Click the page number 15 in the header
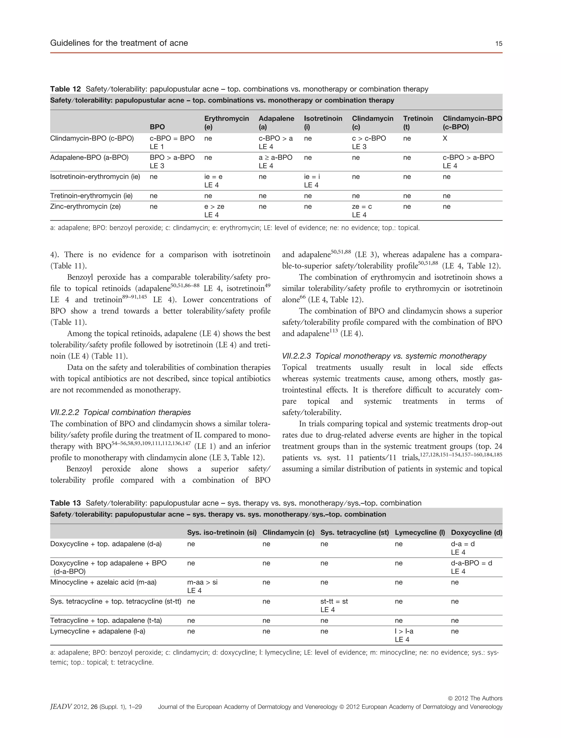(499, 43)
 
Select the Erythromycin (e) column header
(227, 123)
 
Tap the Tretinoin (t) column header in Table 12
(418, 123)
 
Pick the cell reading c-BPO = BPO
(172, 138)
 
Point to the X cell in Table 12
(445, 138)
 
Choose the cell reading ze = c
(362, 206)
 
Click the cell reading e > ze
(214, 206)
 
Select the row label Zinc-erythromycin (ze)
(85, 206)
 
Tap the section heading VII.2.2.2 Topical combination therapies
(121, 412)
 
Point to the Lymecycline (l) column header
(420, 532)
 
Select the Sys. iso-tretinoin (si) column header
(222, 532)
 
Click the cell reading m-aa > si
(202, 582)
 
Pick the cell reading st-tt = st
(334, 601)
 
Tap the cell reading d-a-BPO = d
(471, 563)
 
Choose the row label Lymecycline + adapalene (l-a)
(98, 631)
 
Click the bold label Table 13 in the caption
(65, 503)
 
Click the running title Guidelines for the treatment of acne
(119, 43)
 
